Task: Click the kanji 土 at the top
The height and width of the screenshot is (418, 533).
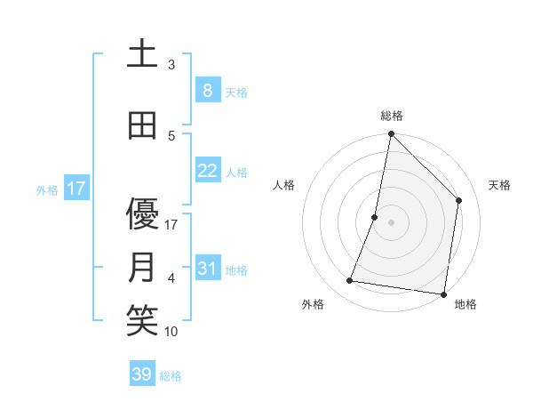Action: click(142, 54)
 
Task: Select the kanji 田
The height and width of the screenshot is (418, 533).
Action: click(142, 125)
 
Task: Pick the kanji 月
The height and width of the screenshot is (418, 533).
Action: click(142, 268)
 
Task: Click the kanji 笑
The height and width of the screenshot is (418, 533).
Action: click(142, 321)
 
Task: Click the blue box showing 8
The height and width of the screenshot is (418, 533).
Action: click(207, 90)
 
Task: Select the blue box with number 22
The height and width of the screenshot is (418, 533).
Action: click(207, 170)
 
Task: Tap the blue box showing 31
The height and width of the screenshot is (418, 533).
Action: click(207, 268)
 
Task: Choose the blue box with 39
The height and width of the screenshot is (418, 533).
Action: click(142, 374)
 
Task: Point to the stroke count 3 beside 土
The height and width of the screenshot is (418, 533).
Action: click(171, 65)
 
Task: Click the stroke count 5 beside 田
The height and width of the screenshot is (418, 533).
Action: click(171, 136)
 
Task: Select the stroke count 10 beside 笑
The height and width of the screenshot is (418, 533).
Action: click(171, 332)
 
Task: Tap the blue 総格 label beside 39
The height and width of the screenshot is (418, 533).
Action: click(171, 376)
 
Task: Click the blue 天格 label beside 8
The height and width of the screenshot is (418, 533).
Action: click(236, 92)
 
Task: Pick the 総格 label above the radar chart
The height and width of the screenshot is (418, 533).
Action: click(391, 116)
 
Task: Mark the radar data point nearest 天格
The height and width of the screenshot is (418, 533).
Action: click(459, 200)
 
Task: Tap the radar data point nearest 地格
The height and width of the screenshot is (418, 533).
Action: click(443, 293)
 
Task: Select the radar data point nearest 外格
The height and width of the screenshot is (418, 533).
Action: click(350, 281)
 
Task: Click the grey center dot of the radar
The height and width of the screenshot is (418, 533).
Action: click(391, 223)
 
